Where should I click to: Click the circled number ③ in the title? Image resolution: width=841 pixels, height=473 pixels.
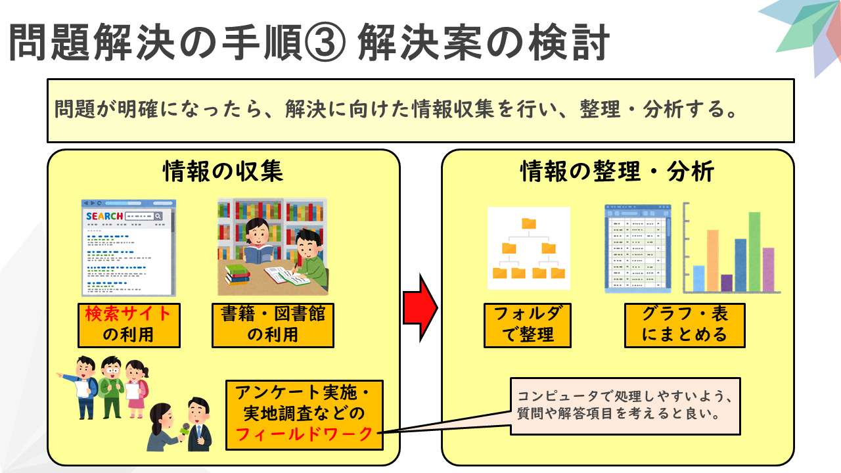(325, 43)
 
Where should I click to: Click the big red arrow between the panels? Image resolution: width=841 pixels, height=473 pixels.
(420, 308)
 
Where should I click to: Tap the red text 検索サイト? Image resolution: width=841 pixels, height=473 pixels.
(127, 314)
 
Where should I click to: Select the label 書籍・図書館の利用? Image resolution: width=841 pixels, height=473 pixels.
(273, 325)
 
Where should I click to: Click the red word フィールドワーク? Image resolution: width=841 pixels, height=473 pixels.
(304, 435)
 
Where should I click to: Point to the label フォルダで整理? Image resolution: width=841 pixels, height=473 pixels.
(528, 325)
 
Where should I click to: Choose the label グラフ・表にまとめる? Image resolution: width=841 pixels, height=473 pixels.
(685, 325)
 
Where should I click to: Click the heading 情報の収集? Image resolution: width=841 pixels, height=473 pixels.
(223, 171)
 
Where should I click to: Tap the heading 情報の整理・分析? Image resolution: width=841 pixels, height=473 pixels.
(617, 171)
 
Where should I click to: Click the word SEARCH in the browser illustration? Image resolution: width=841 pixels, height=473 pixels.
(104, 216)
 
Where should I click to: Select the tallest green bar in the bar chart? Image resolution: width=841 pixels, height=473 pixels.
(755, 252)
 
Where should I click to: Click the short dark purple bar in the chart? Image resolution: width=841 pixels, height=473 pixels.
(727, 282)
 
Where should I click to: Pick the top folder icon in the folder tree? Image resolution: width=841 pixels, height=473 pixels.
(529, 223)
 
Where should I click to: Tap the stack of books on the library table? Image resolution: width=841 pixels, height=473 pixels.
(238, 275)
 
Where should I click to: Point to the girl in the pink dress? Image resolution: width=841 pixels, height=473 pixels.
(136, 389)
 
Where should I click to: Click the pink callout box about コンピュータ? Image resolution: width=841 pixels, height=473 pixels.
(625, 406)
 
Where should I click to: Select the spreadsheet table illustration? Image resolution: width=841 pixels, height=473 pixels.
(638, 249)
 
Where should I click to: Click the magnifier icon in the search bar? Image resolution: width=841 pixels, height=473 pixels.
(158, 216)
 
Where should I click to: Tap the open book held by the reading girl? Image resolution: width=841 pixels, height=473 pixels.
(258, 254)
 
